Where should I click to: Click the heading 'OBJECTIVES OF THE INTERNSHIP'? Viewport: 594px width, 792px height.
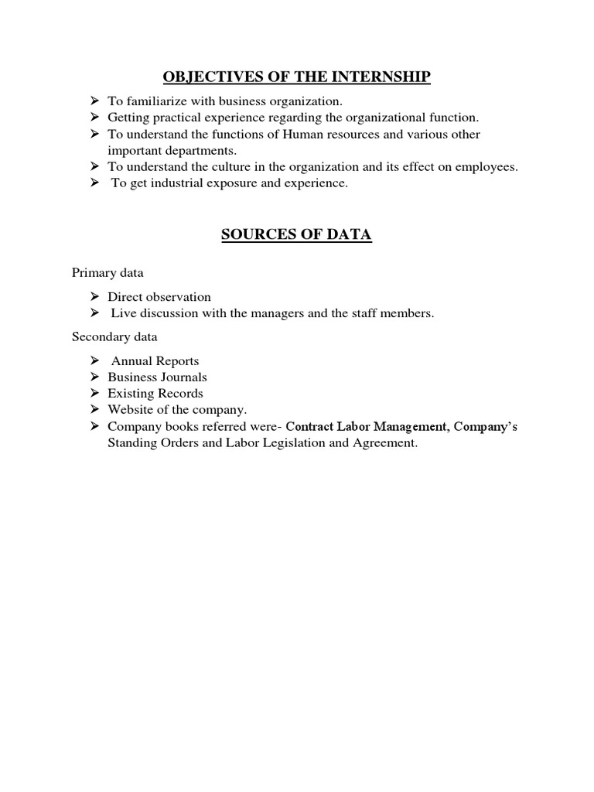tap(296, 77)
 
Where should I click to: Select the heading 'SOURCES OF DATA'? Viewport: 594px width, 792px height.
tap(296, 235)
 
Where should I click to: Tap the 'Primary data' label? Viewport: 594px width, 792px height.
tap(108, 272)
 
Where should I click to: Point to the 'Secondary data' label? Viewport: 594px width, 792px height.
tap(114, 336)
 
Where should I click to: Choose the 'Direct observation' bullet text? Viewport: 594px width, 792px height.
tap(159, 297)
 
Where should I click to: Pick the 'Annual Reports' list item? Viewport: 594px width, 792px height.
tap(155, 361)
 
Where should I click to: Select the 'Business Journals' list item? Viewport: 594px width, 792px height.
tap(157, 377)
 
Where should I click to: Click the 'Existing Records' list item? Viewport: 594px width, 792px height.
tap(155, 394)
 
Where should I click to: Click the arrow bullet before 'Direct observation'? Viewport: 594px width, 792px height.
tap(94, 297)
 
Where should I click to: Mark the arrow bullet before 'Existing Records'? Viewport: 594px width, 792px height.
tap(94, 394)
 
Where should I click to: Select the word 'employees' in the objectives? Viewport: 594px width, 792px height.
tap(488, 167)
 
